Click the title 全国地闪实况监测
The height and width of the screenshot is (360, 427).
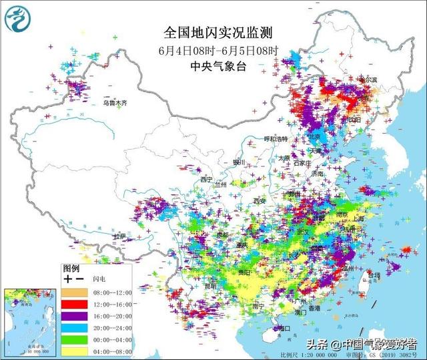pos(213,32)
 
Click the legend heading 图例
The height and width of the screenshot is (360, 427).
pos(71,266)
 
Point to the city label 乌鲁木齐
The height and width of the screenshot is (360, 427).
pos(114,104)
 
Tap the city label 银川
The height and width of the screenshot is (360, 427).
pos(240,162)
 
